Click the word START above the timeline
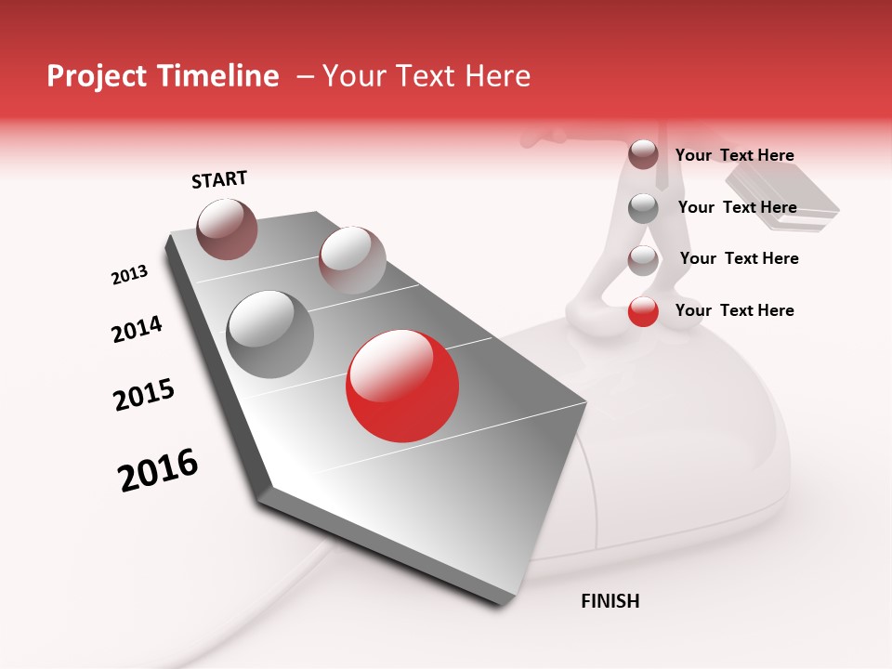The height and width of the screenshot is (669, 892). pos(219,179)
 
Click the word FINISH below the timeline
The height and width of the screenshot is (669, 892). pos(610,601)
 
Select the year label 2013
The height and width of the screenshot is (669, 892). pos(130,275)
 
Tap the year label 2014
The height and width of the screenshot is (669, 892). pos(137,329)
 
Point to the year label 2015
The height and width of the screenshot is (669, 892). pos(144,395)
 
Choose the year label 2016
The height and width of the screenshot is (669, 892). pos(158,470)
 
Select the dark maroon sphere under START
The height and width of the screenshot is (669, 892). pos(228,229)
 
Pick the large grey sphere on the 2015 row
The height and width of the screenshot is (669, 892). pos(269,334)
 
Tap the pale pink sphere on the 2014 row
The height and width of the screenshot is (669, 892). pos(351,259)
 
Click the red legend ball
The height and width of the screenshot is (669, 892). pos(643,311)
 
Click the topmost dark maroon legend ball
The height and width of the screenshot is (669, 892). pos(643,154)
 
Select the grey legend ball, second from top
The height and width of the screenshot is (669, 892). pos(643,207)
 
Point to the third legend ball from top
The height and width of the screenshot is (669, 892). pos(643,259)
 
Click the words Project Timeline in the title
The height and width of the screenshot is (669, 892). pos(163,76)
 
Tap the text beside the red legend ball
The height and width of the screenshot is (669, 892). pos(734,310)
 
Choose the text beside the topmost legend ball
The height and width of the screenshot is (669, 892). pos(734,155)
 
